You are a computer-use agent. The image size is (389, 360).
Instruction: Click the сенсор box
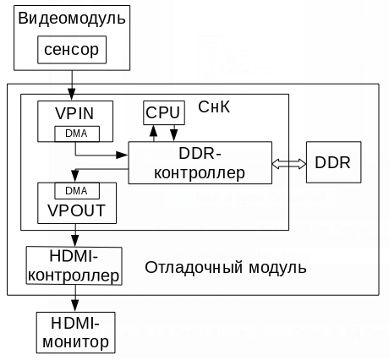tap(72, 50)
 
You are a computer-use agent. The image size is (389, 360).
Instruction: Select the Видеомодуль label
tap(72, 18)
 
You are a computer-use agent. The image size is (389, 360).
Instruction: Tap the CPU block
tap(162, 112)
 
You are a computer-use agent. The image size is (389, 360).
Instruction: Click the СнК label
tap(213, 108)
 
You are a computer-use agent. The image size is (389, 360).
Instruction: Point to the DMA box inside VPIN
tap(76, 133)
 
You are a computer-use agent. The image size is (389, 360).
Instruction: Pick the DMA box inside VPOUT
tap(76, 190)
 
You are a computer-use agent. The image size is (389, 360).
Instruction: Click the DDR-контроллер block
tap(200, 162)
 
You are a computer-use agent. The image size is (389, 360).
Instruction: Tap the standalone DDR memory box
tap(333, 161)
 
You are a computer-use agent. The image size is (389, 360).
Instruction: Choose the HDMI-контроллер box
tap(74, 265)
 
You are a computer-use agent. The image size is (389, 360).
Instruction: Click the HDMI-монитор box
tap(74, 332)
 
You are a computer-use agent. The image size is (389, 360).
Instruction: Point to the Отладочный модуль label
tap(226, 267)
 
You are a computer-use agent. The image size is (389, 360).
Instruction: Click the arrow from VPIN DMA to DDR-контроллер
tap(101, 155)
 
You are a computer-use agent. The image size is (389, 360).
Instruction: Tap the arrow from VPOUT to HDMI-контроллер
tap(74, 237)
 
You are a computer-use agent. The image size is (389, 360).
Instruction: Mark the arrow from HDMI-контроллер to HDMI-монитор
tap(74, 298)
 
